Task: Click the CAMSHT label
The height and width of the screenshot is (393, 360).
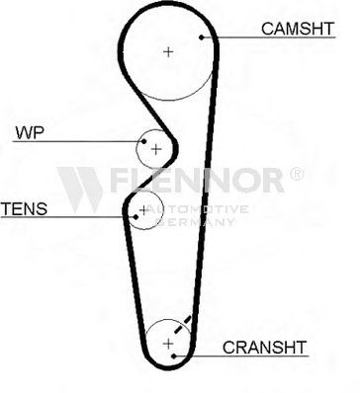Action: pyautogui.click(x=298, y=29)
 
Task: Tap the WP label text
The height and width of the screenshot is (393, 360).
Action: pyautogui.click(x=30, y=132)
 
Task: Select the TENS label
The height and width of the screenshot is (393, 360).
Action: pyautogui.click(x=24, y=208)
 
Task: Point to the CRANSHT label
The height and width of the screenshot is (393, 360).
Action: pyautogui.click(x=264, y=348)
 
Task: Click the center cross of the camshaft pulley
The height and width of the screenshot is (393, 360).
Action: pyautogui.click(x=168, y=51)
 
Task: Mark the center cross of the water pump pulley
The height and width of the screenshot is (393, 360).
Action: pyautogui.click(x=156, y=150)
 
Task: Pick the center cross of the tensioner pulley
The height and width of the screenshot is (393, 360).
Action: pyautogui.click(x=143, y=210)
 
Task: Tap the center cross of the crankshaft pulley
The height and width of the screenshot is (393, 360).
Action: pyautogui.click(x=168, y=344)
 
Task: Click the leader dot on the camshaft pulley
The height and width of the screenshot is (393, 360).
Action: pyautogui.click(x=202, y=38)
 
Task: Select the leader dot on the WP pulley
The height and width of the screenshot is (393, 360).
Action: pyautogui.click(x=143, y=141)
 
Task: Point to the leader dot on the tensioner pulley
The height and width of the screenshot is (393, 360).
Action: pyautogui.click(x=135, y=217)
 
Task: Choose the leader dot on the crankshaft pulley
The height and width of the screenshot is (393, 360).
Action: pyautogui.click(x=174, y=355)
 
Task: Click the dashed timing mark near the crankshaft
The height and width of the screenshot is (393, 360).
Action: pyautogui.click(x=182, y=325)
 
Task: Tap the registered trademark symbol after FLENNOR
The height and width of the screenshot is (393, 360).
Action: pyautogui.click(x=297, y=174)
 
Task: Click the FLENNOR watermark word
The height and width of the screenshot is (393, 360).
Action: pyautogui.click(x=197, y=180)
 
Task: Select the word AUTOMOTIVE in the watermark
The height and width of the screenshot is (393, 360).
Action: pyautogui.click(x=197, y=209)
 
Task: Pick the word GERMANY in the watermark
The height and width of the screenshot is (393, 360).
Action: pyautogui.click(x=195, y=222)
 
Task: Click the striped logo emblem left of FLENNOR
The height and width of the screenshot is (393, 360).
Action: pyautogui.click(x=80, y=190)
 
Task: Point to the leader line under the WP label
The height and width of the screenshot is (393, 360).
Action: pyautogui.click(x=78, y=141)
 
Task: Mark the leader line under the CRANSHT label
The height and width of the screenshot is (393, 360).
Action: pyautogui.click(x=241, y=355)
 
